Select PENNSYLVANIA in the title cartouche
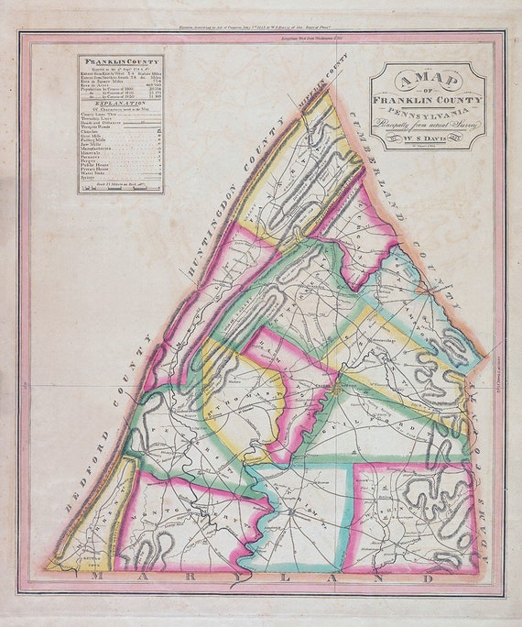coord(428,105)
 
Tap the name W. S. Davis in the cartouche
coord(428,138)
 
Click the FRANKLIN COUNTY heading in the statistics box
coord(120,62)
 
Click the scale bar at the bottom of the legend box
coord(120,186)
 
